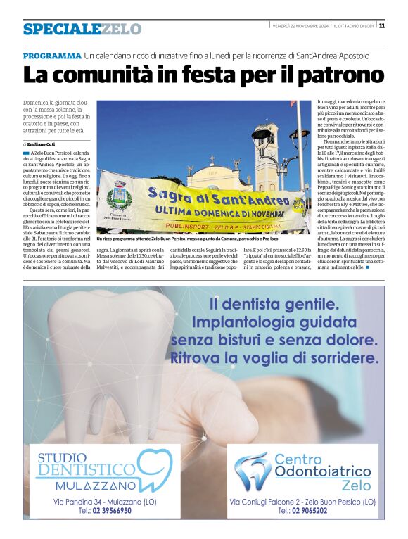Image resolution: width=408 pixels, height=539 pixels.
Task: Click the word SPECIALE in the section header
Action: [61, 30]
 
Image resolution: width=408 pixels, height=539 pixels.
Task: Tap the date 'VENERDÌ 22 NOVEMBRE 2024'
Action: [300, 26]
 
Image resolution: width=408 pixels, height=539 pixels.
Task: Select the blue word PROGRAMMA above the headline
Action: [52, 56]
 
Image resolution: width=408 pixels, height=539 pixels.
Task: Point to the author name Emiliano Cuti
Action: [48, 144]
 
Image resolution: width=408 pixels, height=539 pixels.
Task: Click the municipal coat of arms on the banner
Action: [117, 194]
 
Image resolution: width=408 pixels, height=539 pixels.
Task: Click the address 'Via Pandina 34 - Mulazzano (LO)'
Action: [105, 501]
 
